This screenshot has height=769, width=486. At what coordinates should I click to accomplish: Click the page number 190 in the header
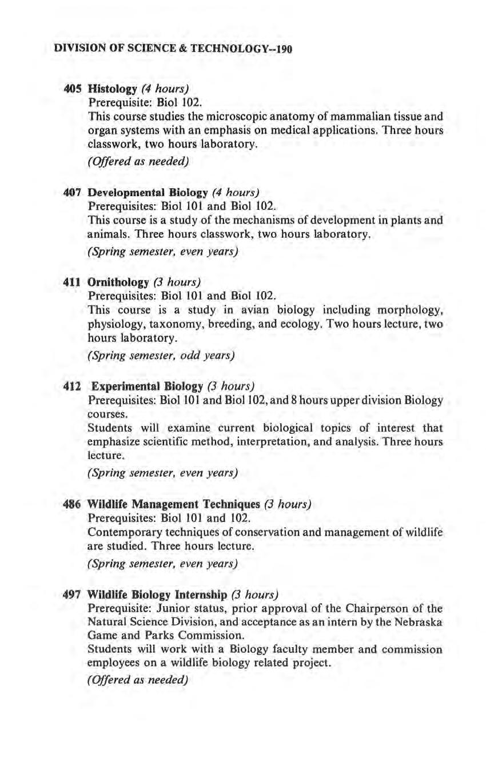coord(283,49)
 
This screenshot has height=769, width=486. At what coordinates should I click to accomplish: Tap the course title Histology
coord(112,89)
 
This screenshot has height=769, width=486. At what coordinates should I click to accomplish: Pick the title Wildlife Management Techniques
coord(174,505)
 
